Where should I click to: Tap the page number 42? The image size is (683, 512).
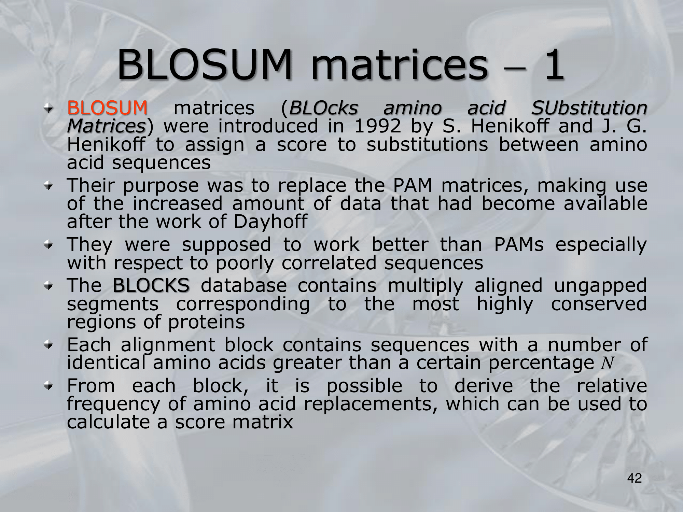635,478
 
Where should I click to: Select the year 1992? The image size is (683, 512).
377,126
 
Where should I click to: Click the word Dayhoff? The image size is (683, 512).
270,222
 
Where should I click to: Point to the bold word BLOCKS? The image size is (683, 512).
151,285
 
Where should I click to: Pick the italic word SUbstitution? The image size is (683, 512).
589,108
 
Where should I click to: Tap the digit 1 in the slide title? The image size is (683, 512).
554,65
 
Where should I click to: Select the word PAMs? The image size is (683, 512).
519,245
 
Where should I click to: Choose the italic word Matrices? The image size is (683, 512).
106,126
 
